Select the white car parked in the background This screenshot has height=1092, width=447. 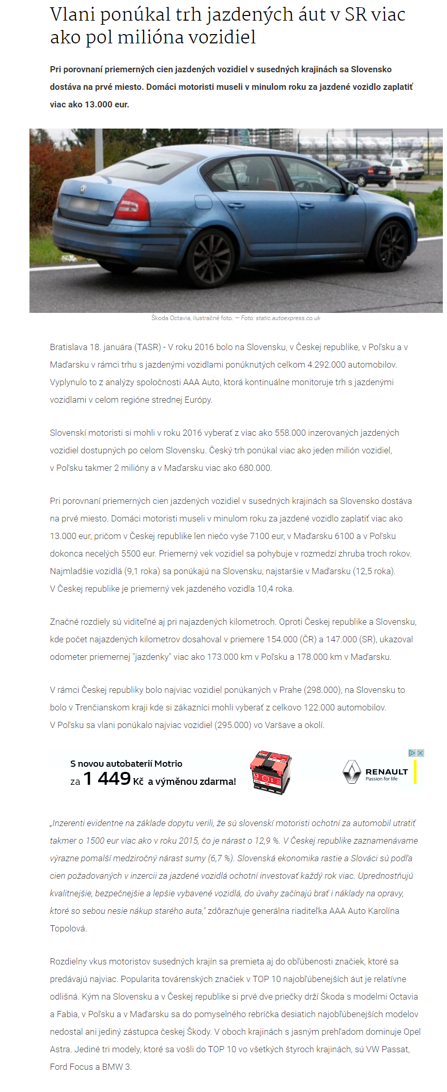click(407, 168)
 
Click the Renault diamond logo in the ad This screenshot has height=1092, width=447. click(352, 772)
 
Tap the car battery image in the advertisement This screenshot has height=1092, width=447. click(271, 772)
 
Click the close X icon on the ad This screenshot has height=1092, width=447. click(421, 753)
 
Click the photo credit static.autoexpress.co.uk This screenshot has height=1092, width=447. click(288, 318)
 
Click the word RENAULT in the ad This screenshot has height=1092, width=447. click(387, 771)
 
